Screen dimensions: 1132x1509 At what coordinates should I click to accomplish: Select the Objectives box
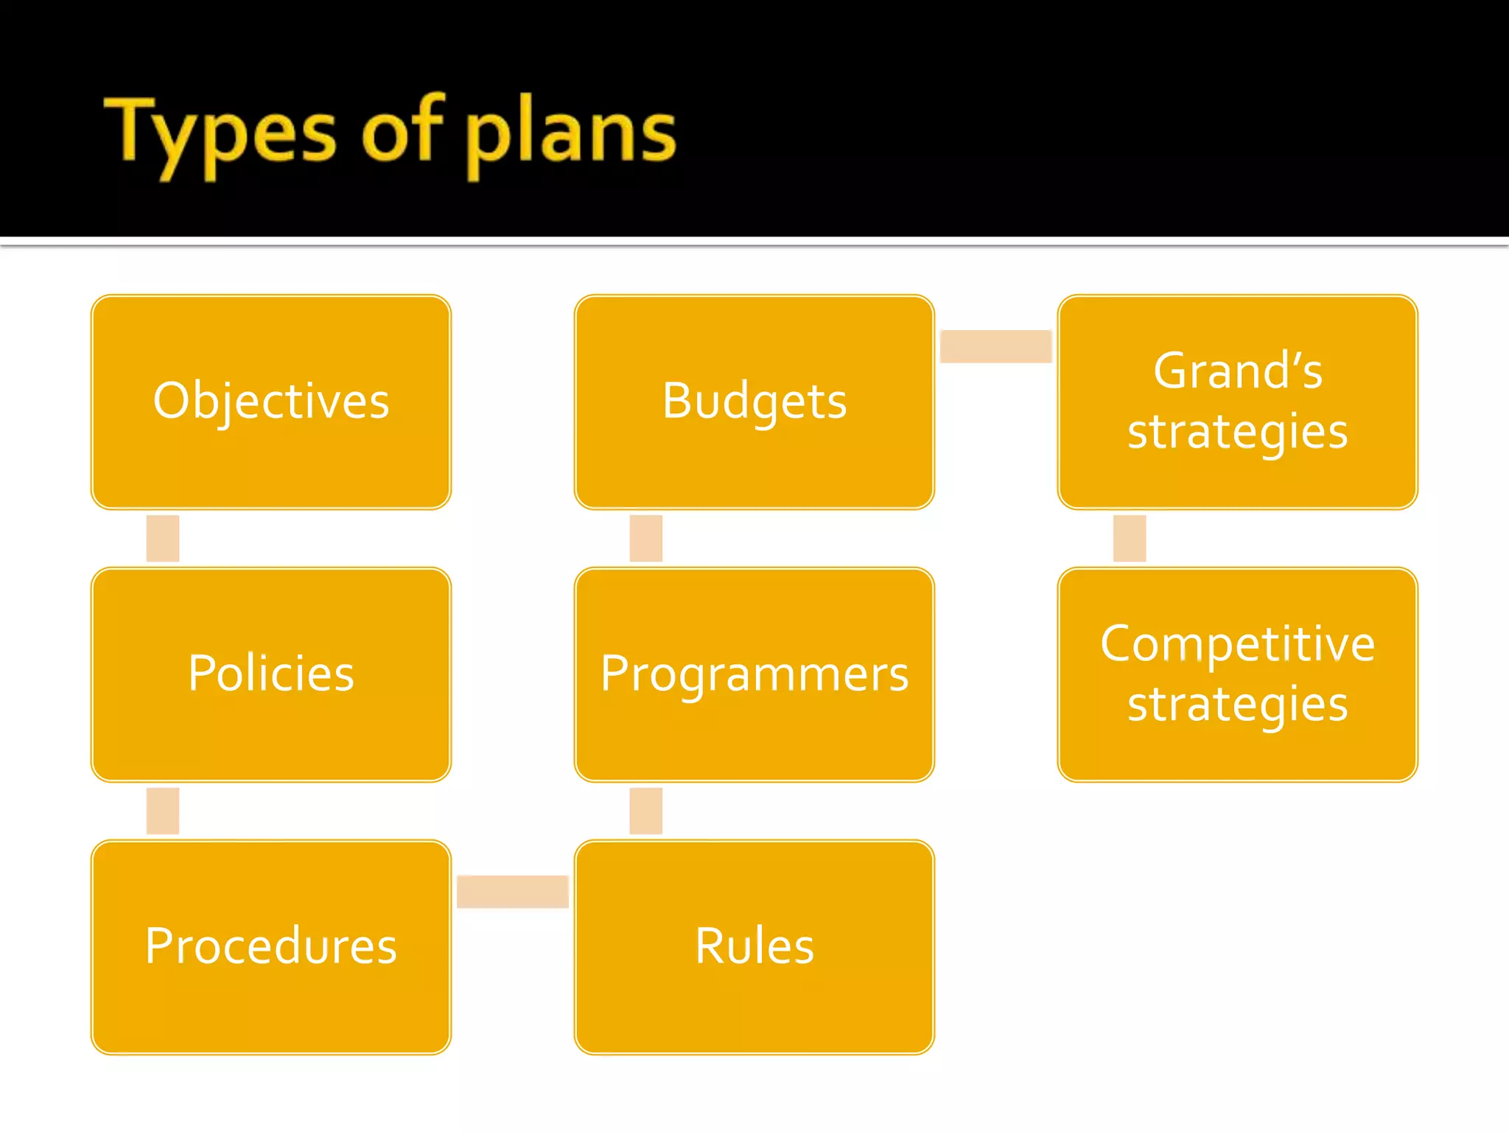(x=271, y=402)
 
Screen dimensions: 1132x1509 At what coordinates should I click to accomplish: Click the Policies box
(x=271, y=674)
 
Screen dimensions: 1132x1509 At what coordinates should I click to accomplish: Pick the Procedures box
(x=271, y=946)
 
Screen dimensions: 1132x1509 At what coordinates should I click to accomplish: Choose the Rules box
(x=754, y=946)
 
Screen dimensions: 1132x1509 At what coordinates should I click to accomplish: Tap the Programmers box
(x=754, y=674)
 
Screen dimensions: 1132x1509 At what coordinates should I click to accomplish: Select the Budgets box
(x=754, y=402)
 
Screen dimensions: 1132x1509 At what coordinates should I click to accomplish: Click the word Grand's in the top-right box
(x=1238, y=371)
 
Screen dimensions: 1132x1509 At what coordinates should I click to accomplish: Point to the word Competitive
(x=1238, y=644)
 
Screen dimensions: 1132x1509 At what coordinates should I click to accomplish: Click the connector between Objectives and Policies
(x=163, y=538)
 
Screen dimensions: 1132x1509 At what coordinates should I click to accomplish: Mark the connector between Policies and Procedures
(x=163, y=811)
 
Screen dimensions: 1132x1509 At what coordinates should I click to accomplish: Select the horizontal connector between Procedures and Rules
(x=512, y=892)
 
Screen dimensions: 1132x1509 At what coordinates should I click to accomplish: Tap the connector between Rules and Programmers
(x=646, y=811)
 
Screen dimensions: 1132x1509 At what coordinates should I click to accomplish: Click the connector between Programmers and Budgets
(x=646, y=538)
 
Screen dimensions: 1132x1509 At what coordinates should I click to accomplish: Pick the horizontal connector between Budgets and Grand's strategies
(x=995, y=346)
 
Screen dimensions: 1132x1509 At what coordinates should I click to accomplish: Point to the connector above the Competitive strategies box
(x=1130, y=538)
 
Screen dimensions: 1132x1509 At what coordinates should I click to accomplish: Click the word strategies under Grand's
(x=1238, y=432)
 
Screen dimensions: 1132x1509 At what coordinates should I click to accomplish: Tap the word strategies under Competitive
(x=1238, y=705)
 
